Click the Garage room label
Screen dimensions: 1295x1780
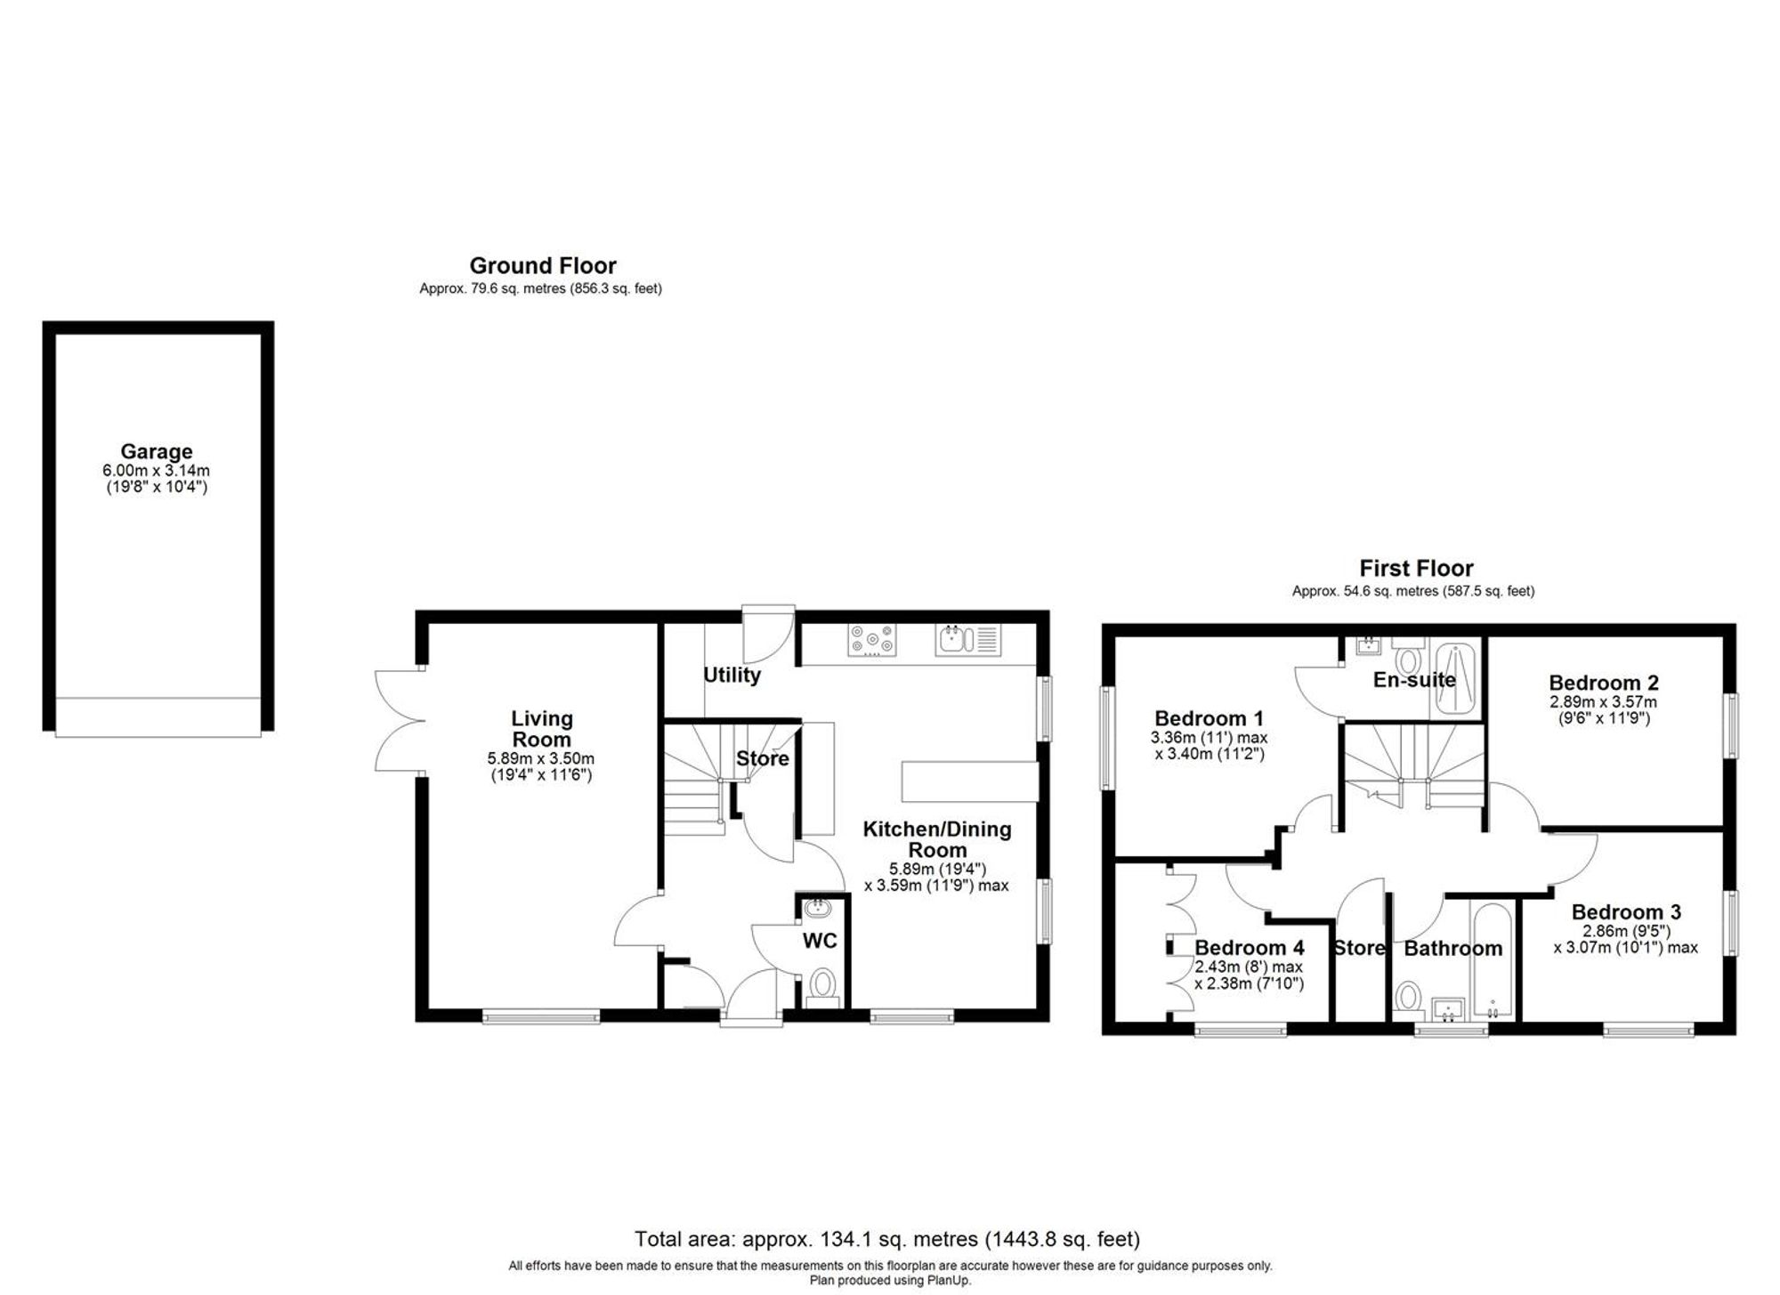pos(157,451)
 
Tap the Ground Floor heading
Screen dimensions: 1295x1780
pos(542,265)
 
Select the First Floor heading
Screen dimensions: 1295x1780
pos(1416,568)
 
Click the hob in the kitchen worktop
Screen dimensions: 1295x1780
pos(872,641)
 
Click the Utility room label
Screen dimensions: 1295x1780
pos(732,675)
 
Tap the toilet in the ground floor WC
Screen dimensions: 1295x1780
pos(823,985)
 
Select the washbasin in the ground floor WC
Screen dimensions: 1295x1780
pos(816,909)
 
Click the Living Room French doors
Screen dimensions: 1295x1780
pos(398,721)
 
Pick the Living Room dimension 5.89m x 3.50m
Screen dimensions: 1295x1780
pos(540,759)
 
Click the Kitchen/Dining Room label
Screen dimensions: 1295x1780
pos(937,839)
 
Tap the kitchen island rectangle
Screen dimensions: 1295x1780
pos(969,781)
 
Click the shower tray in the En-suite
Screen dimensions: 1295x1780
pos(1452,681)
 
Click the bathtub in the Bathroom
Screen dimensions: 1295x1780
pos(1492,962)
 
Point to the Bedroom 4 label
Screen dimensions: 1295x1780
pos(1249,948)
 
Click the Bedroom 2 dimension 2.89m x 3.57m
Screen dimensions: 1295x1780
pos(1603,702)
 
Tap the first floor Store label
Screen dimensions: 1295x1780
pos(1359,948)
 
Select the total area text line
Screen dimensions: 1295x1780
pos(886,1239)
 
